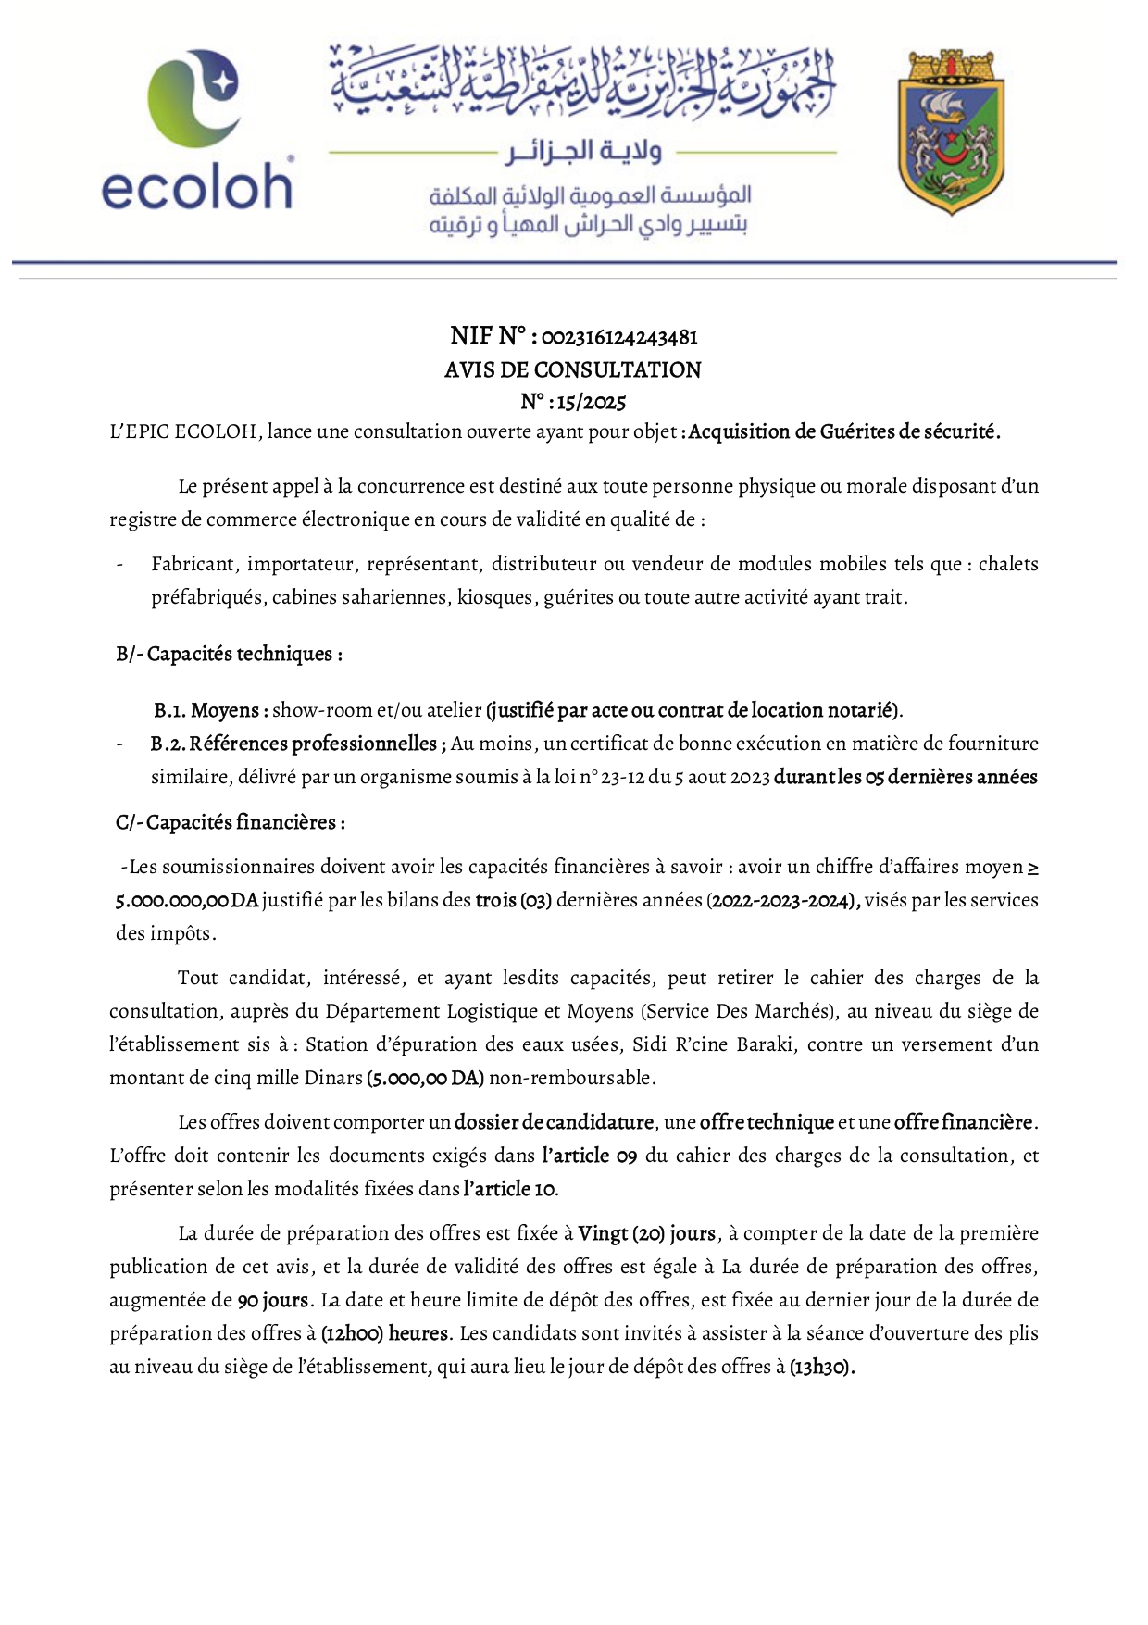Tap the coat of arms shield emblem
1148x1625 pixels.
(x=951, y=131)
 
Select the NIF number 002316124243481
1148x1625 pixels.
(x=619, y=337)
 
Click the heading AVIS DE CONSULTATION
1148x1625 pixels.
(x=573, y=370)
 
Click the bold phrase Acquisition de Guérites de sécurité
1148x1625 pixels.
(x=844, y=432)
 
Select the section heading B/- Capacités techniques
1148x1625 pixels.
(x=230, y=655)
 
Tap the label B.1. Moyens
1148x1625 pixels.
(x=211, y=711)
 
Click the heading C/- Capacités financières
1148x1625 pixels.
(x=231, y=823)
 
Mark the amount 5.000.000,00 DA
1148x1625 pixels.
(x=187, y=901)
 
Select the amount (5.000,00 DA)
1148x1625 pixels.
(x=425, y=1079)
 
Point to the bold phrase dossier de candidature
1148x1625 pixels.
(x=554, y=1123)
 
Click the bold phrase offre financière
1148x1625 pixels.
(x=963, y=1123)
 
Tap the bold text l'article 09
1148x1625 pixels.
(x=589, y=1156)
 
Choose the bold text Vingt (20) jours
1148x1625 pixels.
(x=646, y=1234)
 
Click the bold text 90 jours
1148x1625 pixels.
(x=272, y=1301)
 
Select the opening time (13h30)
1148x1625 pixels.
(x=821, y=1368)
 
